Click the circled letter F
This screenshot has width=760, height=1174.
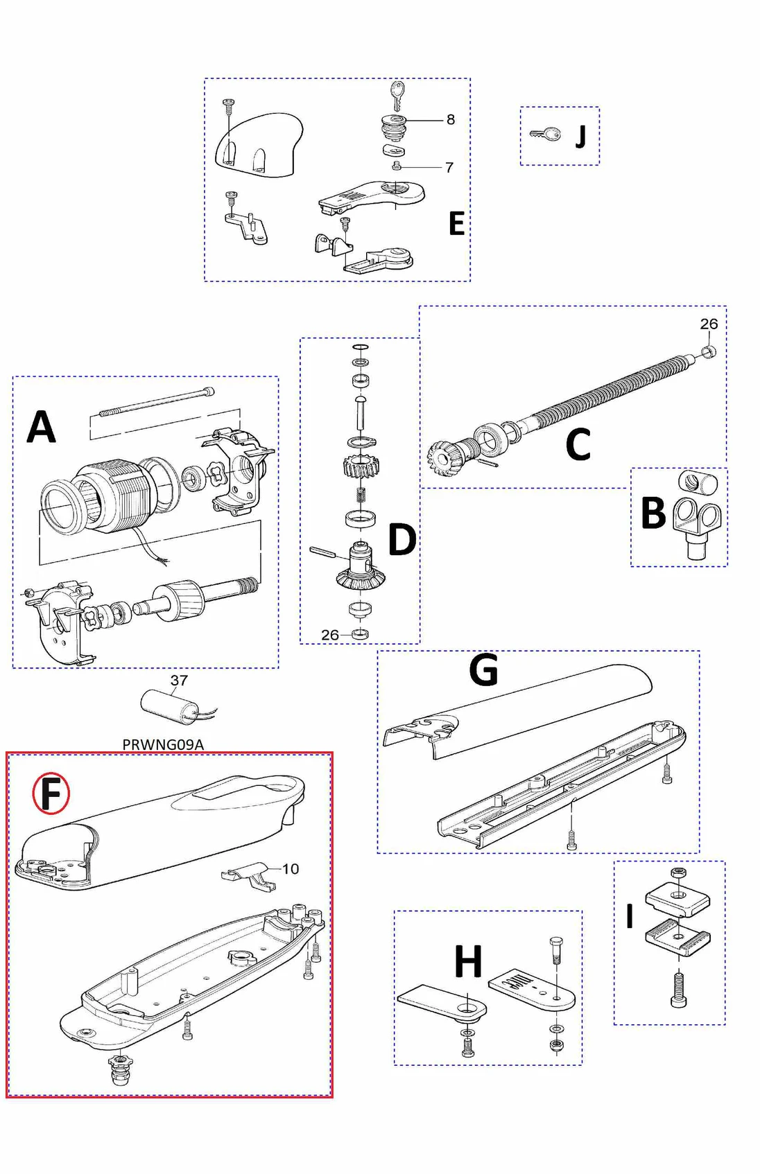(51, 794)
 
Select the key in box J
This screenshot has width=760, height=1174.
(546, 134)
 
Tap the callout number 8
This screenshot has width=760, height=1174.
(451, 120)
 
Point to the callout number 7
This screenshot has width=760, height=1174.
(449, 168)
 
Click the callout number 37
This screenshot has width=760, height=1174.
(179, 681)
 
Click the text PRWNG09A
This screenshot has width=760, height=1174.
(163, 744)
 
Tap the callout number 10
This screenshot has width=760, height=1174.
(291, 869)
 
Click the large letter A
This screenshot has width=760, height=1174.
(41, 427)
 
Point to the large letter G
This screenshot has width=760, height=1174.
(483, 670)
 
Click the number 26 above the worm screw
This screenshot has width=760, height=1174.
(709, 324)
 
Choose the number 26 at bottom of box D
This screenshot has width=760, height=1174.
(330, 635)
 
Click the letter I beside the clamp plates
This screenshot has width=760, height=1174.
(630, 916)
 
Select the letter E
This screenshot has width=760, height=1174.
(456, 224)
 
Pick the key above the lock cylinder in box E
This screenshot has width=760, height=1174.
(397, 95)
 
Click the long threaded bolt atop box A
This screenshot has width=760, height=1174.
(156, 402)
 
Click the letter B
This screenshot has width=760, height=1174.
(653, 514)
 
